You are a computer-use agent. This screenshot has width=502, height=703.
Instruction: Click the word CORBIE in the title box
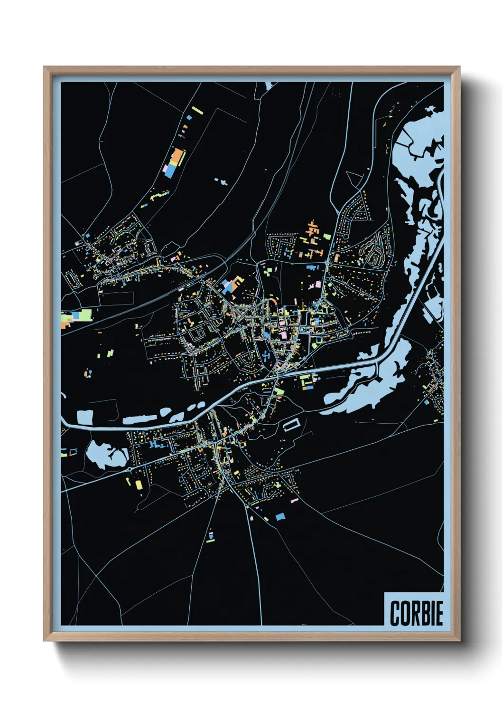[x=416, y=613]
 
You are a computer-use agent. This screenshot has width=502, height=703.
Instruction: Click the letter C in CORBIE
[x=395, y=613]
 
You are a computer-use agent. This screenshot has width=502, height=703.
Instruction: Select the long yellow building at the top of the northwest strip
[x=197, y=111]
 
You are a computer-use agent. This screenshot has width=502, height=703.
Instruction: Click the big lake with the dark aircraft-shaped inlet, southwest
[x=107, y=455]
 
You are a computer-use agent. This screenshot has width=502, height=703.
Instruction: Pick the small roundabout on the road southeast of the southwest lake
[x=130, y=469]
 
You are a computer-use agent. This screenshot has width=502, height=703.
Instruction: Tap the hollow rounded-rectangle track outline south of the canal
[x=292, y=424]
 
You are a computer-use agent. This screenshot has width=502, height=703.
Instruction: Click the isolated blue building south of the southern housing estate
[x=280, y=516]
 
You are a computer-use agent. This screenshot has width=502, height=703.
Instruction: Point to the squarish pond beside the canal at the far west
[x=85, y=418]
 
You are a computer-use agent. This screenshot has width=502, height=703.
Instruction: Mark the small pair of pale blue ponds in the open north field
[x=222, y=181]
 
